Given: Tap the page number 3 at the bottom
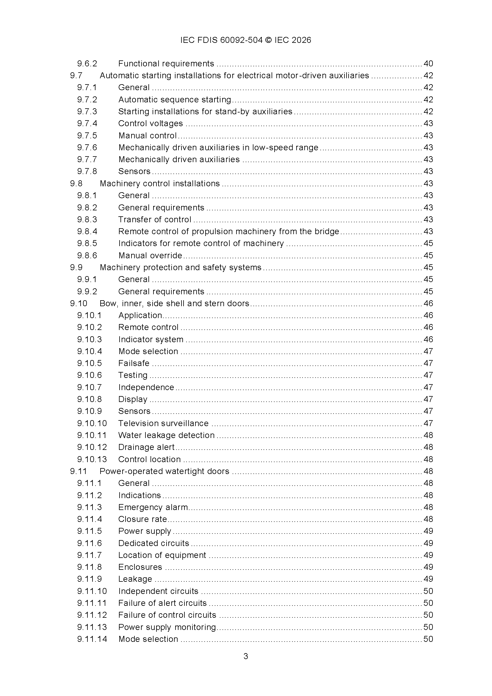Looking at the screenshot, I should coord(246,656).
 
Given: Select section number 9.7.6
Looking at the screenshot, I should coord(87,148).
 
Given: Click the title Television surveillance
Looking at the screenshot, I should coord(163,423).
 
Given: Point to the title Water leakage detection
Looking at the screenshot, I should coord(166,435).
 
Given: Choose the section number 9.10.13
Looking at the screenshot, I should coord(92,459).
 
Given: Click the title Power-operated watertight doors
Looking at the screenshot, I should coord(164,471).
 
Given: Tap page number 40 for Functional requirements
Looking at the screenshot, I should coord(428,64).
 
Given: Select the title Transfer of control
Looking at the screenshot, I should coord(154,220).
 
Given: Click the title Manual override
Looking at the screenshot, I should coord(150,256).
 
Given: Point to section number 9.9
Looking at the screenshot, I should coord(76,268).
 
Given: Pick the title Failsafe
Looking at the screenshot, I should coord(134,363).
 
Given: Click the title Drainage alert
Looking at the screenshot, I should coord(146,447).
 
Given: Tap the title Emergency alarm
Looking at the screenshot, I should coord(153,507).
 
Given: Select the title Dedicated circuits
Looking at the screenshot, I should coord(153,543).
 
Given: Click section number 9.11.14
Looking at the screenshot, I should coord(92,639).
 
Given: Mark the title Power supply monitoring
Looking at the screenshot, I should coord(167,627).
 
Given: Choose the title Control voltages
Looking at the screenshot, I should coord(151,123).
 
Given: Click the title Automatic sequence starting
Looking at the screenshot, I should coord(175,99).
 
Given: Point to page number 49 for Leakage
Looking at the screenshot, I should coord(428,579).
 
